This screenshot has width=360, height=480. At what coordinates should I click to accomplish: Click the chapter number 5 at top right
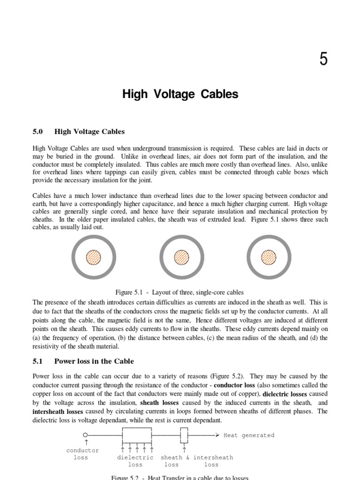323,60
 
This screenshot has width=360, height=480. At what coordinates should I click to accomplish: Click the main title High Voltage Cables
180,94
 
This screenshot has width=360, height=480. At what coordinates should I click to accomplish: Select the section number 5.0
38,132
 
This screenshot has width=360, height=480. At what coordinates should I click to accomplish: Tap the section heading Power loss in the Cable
94,361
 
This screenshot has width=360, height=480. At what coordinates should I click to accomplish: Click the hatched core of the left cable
93,257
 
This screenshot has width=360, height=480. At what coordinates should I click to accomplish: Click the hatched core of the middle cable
181,257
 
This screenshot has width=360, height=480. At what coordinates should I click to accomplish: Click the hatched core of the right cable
269,257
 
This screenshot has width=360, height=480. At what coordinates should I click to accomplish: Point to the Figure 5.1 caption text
180,292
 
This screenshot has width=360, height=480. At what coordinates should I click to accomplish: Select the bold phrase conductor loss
234,385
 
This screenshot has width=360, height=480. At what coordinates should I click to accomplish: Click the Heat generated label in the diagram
248,435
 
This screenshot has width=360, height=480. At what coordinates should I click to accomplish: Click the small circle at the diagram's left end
85,435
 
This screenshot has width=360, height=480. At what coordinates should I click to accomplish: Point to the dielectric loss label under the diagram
135,461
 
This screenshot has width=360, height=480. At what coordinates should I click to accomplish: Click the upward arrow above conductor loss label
85,442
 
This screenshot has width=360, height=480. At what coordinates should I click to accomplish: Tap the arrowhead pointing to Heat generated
217,435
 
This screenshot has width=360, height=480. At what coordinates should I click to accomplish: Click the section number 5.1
37,361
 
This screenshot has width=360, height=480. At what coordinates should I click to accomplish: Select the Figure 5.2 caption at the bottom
180,477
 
